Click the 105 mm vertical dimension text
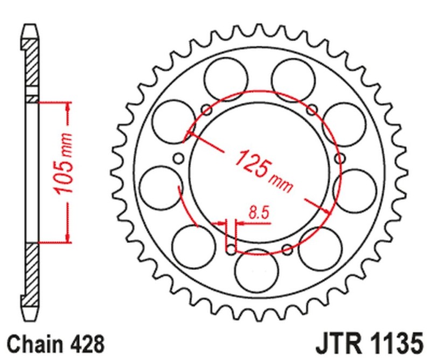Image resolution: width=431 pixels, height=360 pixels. click(64, 168)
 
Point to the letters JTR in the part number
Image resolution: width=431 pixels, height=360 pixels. click(336, 343)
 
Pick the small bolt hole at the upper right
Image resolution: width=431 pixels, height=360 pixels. click(311, 110)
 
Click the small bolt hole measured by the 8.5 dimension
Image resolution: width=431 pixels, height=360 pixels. click(231, 249)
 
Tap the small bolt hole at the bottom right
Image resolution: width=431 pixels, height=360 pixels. click(287, 248)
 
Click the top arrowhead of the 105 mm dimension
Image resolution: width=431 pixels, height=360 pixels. click(68, 108)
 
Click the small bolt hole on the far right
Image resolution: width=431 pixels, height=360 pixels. click(339, 158)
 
